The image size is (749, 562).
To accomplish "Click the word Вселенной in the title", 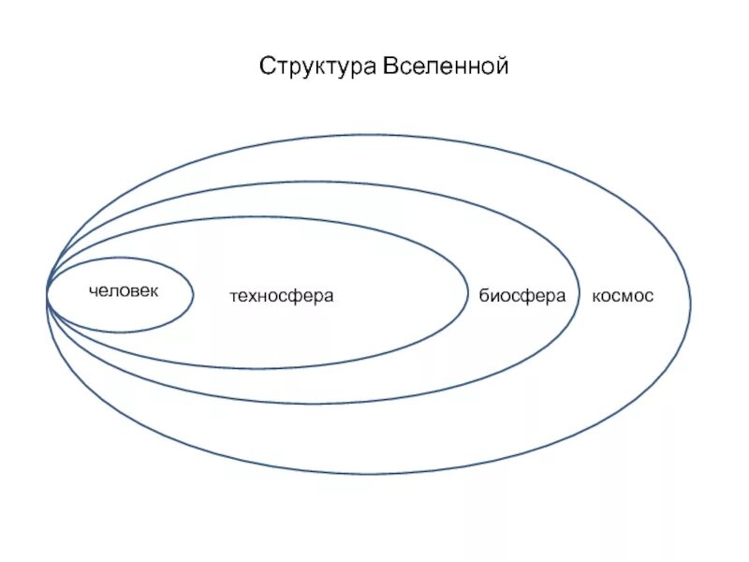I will pyautogui.click(x=446, y=67).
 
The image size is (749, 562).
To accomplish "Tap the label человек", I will pyautogui.click(x=124, y=291).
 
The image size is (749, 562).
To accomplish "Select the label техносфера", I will pyautogui.click(x=282, y=297).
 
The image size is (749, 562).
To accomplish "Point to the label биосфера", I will pyautogui.click(x=522, y=296).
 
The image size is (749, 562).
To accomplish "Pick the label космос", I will pyautogui.click(x=623, y=296).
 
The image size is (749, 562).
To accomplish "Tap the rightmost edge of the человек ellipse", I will pyautogui.click(x=194, y=294).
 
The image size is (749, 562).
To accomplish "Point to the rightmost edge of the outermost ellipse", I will pyautogui.click(x=691, y=302).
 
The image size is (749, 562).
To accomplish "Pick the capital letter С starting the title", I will pyautogui.click(x=267, y=67).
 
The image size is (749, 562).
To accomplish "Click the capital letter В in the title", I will pyautogui.click(x=389, y=67).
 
